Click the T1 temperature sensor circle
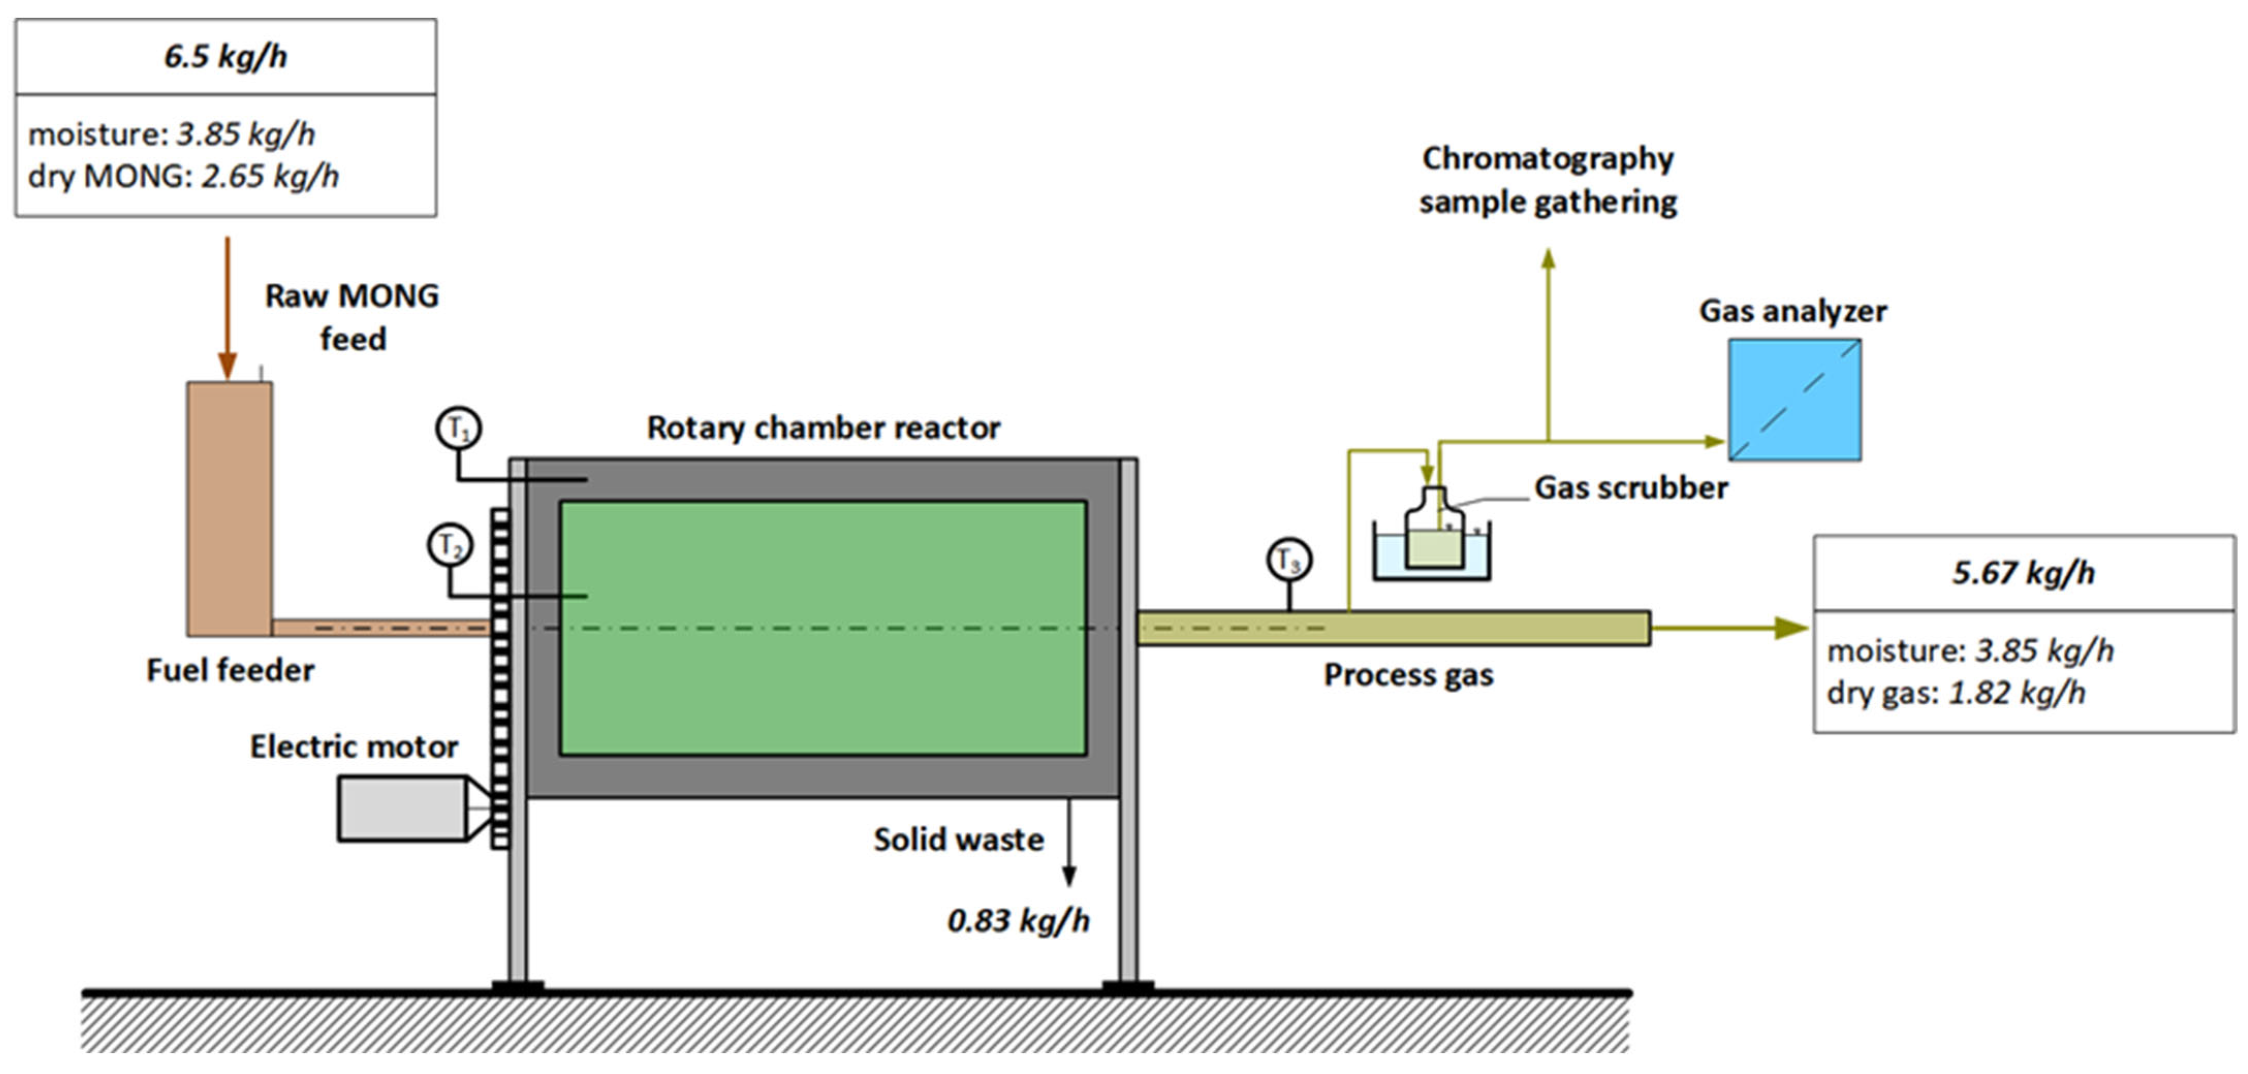tap(458, 429)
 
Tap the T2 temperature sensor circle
tap(449, 545)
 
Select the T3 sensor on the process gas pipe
tap(1289, 560)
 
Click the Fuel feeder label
tap(230, 670)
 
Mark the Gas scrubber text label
tap(1630, 488)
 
